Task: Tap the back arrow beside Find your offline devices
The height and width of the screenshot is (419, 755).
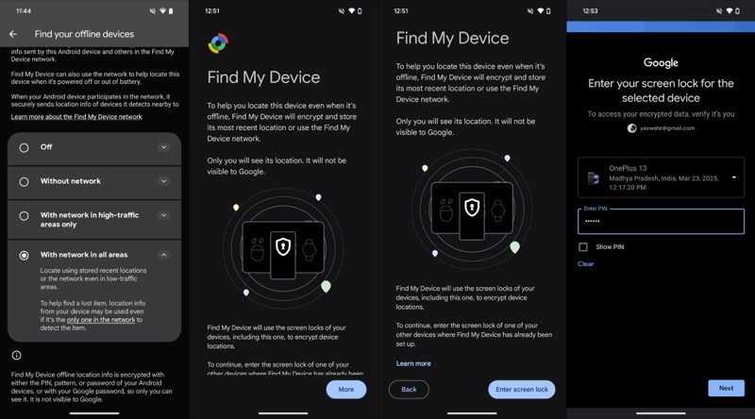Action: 13,34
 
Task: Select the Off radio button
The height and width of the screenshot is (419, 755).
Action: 24,148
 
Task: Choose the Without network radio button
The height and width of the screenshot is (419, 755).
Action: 24,182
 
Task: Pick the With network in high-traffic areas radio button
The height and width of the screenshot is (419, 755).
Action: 24,216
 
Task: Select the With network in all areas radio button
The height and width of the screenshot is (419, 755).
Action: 24,255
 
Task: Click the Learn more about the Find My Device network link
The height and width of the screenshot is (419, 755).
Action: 76,117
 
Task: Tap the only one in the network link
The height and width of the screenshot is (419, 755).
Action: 101,319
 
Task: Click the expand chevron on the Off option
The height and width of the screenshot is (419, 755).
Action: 163,147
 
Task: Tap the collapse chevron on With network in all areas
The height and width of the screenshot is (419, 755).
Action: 163,255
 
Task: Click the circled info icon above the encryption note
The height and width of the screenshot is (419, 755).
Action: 16,356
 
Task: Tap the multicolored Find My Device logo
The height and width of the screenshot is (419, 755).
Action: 218,43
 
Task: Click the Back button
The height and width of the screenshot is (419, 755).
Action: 409,390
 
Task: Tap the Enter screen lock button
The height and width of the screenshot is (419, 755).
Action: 522,390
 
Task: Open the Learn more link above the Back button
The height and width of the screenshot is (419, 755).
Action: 413,363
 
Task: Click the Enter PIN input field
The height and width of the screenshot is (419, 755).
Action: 661,222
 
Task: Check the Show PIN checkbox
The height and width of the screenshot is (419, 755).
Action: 583,247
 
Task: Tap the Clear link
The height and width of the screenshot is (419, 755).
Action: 585,264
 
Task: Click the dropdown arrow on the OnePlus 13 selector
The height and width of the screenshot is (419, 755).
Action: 734,177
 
